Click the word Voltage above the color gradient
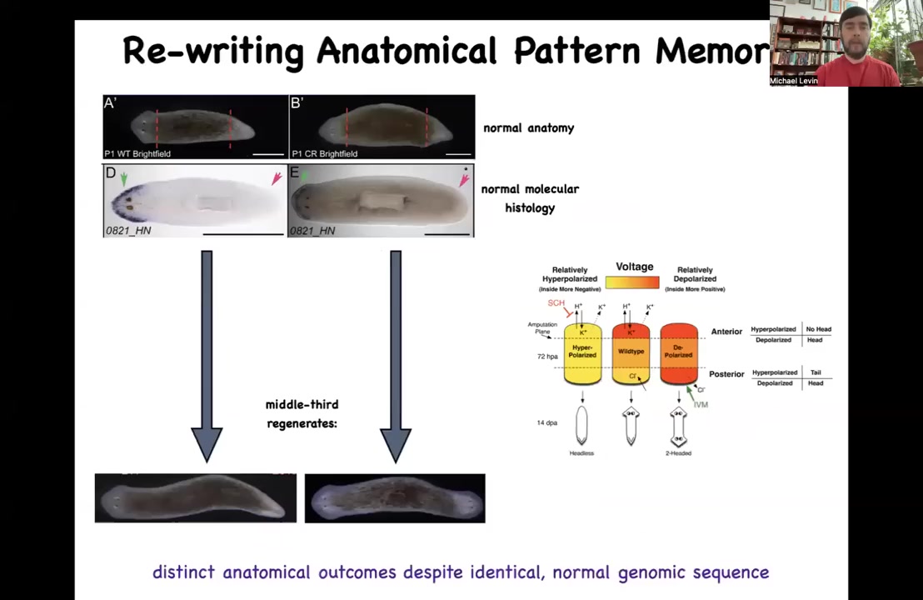click(x=634, y=267)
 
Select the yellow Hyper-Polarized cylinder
click(x=582, y=354)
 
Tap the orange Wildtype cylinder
click(x=631, y=352)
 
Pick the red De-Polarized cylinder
click(x=678, y=352)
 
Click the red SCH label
click(x=556, y=303)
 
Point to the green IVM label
click(x=701, y=405)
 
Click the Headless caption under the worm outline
click(x=581, y=453)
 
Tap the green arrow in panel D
click(x=124, y=178)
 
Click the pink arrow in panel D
click(x=276, y=178)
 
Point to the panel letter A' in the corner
click(x=110, y=103)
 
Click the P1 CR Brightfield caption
click(x=324, y=153)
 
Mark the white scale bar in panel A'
click(x=267, y=153)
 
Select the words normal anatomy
click(x=528, y=128)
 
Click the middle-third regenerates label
click(x=302, y=413)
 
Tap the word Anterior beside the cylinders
click(x=726, y=332)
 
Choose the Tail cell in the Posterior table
click(x=816, y=372)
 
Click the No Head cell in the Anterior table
click(x=818, y=329)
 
